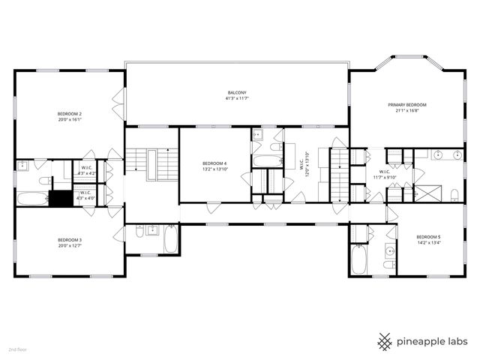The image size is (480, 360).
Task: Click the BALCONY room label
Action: tap(237, 92)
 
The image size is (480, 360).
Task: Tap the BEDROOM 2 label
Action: tap(70, 113)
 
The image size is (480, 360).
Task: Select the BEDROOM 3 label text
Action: tap(70, 240)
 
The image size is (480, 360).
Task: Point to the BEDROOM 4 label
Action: tap(214, 163)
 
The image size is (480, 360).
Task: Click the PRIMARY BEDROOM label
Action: tap(407, 105)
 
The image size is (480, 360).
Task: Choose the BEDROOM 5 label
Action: tap(428, 237)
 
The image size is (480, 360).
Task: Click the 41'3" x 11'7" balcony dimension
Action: tap(237, 98)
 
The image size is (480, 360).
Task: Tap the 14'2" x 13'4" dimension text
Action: tap(428, 243)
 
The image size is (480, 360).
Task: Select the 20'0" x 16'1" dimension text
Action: tap(70, 119)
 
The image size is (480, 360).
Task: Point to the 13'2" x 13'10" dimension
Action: tap(214, 169)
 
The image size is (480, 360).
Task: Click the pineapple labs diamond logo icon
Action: tap(385, 341)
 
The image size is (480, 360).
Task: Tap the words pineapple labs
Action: tap(433, 342)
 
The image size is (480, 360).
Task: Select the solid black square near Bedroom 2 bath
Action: tap(60, 198)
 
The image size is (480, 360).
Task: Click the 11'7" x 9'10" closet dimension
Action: tap(385, 178)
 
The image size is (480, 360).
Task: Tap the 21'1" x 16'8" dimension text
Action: tap(407, 111)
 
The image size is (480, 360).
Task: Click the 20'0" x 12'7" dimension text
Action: tap(70, 246)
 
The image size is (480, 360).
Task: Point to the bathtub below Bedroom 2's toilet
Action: tap(32, 199)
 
